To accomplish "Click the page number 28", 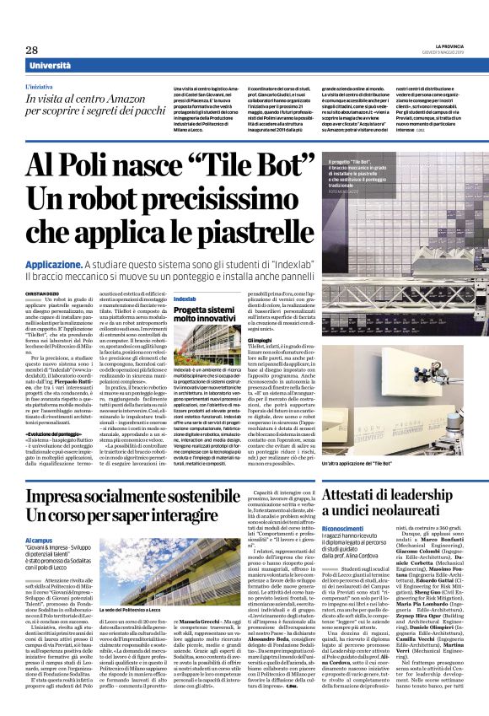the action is tap(31, 50).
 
